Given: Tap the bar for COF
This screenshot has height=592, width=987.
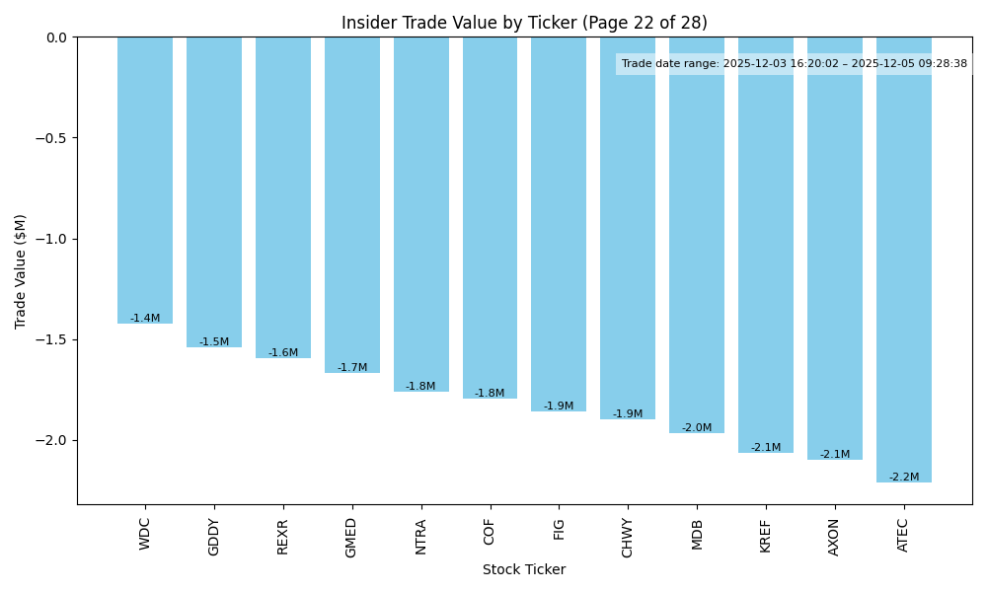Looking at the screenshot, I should (x=490, y=217).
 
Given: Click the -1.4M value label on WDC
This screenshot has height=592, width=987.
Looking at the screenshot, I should (x=145, y=319).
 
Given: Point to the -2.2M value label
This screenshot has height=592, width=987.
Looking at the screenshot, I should (x=904, y=478).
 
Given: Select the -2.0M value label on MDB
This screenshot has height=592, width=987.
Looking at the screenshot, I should (x=697, y=428).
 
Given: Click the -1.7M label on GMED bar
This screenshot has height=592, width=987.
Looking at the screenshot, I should (x=352, y=368).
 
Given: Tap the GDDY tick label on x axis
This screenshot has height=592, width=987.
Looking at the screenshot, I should (x=214, y=537).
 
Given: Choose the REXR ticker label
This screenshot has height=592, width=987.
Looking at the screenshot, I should (x=283, y=537).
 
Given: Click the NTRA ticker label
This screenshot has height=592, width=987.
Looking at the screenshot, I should (x=421, y=537).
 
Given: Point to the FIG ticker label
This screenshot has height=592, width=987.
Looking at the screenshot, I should (x=559, y=529).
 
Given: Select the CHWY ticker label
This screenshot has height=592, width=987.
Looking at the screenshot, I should (x=628, y=538).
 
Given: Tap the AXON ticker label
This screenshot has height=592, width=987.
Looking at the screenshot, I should (x=835, y=537).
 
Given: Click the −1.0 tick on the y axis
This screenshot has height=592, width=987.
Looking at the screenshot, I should (x=51, y=239).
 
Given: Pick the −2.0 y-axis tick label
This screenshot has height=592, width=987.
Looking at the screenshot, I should (x=51, y=440).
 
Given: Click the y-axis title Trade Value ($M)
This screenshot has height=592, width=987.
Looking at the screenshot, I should (x=21, y=271).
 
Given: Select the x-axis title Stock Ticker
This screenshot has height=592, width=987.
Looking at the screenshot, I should (x=524, y=570).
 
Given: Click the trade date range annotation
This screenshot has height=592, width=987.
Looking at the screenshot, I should (x=795, y=64).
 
